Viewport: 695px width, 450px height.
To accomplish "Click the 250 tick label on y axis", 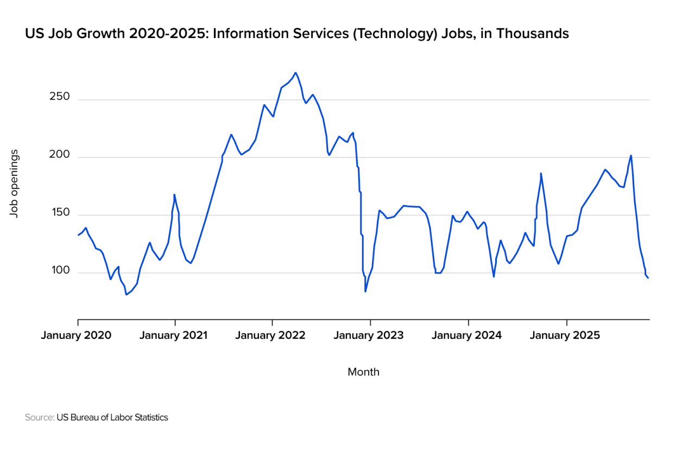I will pyautogui.click(x=60, y=97).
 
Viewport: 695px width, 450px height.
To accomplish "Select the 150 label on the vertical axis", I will pyautogui.click(x=60, y=212).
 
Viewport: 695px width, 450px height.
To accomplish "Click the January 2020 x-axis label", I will pyautogui.click(x=76, y=335).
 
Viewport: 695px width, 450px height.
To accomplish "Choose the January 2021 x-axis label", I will pyautogui.click(x=173, y=335).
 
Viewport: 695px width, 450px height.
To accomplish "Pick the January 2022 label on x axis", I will pyautogui.click(x=270, y=335).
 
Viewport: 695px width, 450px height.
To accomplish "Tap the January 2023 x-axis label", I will pyautogui.click(x=369, y=335).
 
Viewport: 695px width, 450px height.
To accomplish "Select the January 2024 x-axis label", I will pyautogui.click(x=467, y=335).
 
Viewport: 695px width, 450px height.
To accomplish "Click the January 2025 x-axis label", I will pyautogui.click(x=565, y=335).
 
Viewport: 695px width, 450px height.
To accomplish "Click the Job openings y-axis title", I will pyautogui.click(x=15, y=184).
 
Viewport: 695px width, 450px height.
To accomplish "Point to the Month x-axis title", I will pyautogui.click(x=363, y=372).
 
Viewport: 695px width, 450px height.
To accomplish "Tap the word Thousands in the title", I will pyautogui.click(x=533, y=34).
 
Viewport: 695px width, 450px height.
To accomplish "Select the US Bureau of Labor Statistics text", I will pyautogui.click(x=112, y=417).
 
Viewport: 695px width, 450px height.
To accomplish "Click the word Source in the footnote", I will pyautogui.click(x=39, y=417).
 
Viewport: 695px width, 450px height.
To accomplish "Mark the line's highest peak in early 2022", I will pyautogui.click(x=295, y=73).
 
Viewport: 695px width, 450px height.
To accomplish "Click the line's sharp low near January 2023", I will pyautogui.click(x=365, y=291).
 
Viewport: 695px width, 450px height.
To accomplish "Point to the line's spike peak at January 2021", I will pyautogui.click(x=174, y=194).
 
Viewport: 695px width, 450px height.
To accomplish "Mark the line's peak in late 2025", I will pyautogui.click(x=631, y=155).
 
